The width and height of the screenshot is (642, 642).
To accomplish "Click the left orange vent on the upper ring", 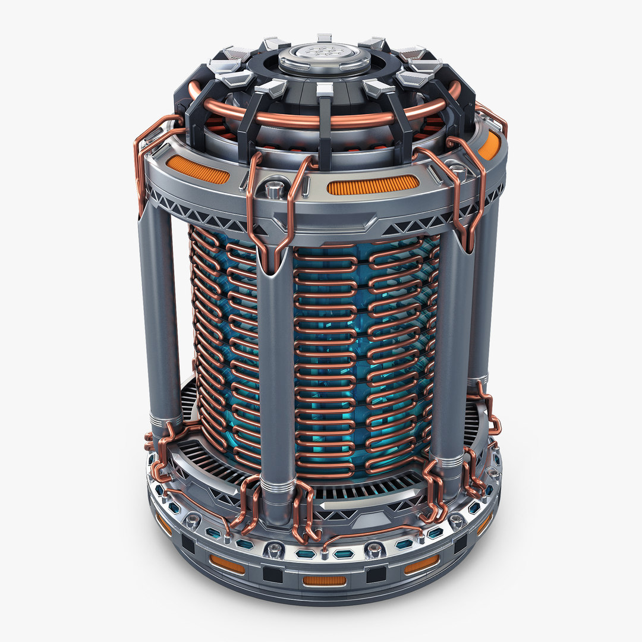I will (x=197, y=169).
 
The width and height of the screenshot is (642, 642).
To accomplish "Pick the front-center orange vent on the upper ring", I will (x=372, y=185).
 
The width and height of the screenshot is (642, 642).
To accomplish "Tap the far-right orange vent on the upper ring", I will (x=489, y=145).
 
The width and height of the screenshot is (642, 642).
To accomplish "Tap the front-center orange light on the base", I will (x=324, y=580).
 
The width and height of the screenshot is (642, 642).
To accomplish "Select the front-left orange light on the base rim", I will (x=226, y=564).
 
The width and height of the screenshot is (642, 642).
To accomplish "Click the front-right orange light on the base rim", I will (x=421, y=564).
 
